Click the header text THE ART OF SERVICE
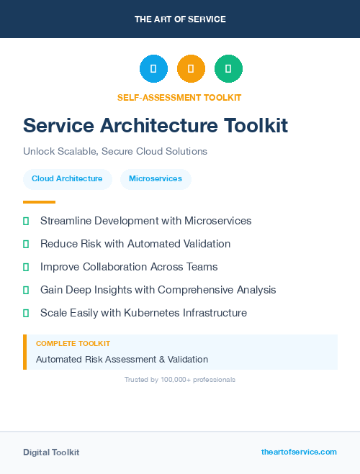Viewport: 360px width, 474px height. pos(180,19)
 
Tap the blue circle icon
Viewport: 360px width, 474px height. pos(153,69)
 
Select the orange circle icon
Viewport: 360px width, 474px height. pos(191,69)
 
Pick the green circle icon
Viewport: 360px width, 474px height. pos(228,69)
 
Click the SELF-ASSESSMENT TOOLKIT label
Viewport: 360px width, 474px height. pos(180,97)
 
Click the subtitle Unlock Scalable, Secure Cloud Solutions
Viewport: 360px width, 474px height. pos(115,151)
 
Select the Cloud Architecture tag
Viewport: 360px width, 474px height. pos(67,178)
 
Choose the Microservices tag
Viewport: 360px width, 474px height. pos(156,178)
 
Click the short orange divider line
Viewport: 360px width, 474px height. pos(39,202)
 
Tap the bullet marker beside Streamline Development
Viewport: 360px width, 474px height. pos(26,221)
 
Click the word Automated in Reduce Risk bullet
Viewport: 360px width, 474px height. pos(145,244)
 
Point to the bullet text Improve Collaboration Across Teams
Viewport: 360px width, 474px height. pos(129,267)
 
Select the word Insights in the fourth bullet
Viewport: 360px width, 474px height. pos(114,290)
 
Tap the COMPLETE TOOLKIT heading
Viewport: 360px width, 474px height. pos(73,344)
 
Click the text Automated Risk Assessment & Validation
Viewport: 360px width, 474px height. pos(122,359)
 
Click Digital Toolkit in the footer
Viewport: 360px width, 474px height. pos(51,452)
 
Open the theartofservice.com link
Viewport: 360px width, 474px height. pos(299,452)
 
